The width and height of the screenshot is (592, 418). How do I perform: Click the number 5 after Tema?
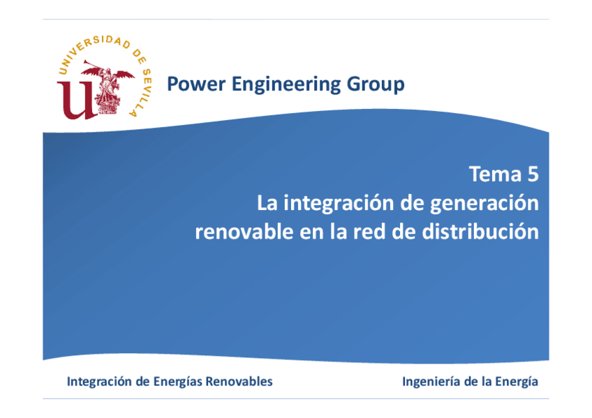533,174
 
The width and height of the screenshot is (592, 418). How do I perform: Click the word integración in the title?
339,204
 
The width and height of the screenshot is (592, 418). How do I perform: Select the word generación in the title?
484,204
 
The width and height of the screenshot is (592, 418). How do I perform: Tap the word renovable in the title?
244,231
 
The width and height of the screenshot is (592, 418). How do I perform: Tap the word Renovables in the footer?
239,382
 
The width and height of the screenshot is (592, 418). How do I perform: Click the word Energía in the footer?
517,382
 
